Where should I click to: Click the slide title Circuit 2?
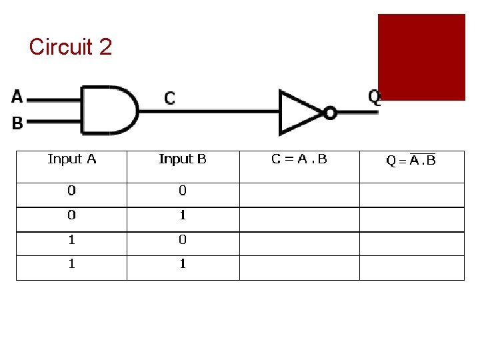(x=71, y=47)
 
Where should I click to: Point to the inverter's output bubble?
(x=330, y=113)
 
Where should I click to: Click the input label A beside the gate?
(x=17, y=97)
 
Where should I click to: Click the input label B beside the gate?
(x=17, y=123)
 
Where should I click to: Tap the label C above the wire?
(x=170, y=99)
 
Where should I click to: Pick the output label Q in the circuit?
(x=375, y=97)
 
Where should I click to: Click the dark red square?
(x=421, y=57)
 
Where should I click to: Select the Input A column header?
(x=72, y=159)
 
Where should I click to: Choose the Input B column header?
(x=183, y=159)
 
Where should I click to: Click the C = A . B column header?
(x=299, y=159)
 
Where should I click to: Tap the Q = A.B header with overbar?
(x=411, y=160)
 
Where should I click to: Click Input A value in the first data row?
(x=71, y=191)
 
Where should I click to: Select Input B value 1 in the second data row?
(x=183, y=215)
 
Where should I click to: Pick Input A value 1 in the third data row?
(x=71, y=239)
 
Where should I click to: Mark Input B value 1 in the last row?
(x=183, y=264)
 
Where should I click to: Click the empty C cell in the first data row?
(x=299, y=195)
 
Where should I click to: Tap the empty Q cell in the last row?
(x=411, y=268)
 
